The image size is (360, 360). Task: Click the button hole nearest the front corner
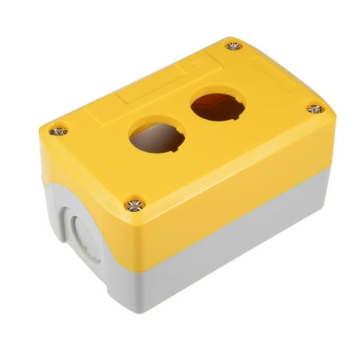click(x=157, y=136)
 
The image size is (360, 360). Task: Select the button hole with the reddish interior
click(x=218, y=106)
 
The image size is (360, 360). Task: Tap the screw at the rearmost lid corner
click(x=234, y=46)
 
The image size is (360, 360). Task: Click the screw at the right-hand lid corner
click(x=315, y=108)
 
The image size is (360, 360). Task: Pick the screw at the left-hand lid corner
click(x=58, y=130)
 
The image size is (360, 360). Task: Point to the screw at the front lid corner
click(x=134, y=205)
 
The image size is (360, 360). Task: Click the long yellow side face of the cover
click(x=232, y=184)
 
